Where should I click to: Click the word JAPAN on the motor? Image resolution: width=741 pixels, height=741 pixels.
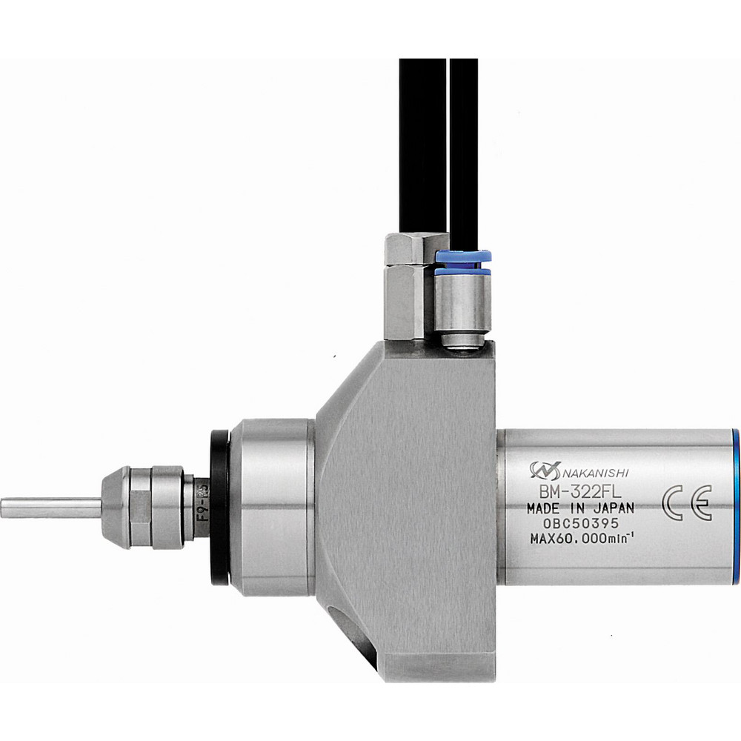608,508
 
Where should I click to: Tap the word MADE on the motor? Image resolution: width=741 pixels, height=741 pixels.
544,508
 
